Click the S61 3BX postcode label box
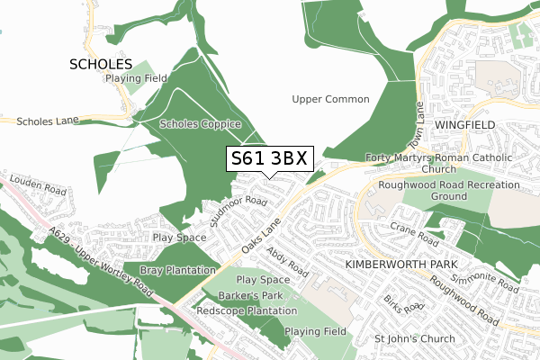pyautogui.click(x=269, y=158)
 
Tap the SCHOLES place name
pyautogui.click(x=101, y=65)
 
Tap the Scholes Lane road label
pyautogui.click(x=49, y=120)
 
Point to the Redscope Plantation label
pyautogui.click(x=247, y=310)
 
